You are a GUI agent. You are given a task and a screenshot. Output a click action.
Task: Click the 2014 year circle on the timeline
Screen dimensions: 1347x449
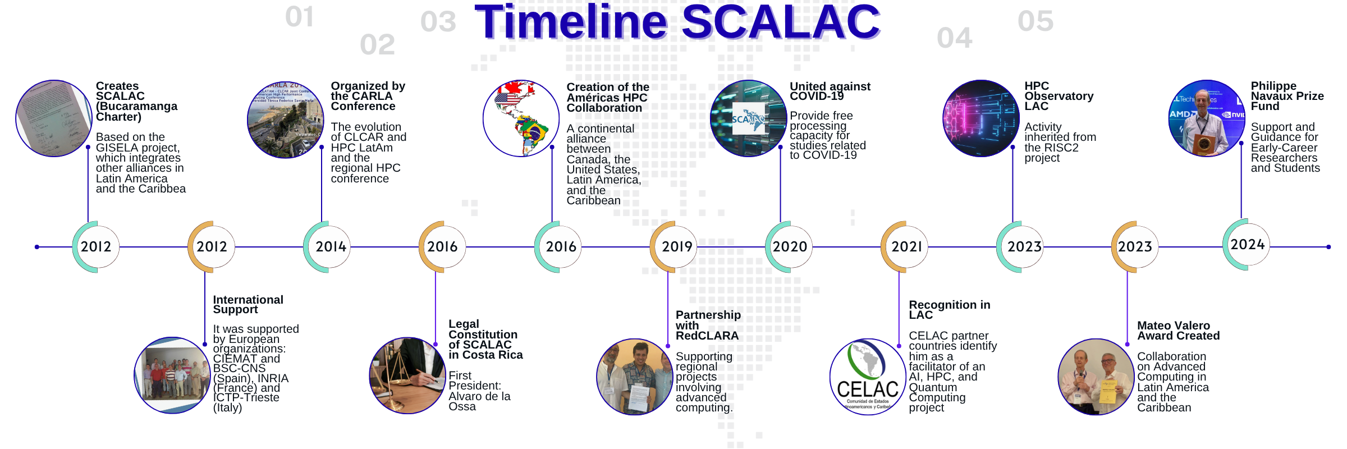tap(328, 247)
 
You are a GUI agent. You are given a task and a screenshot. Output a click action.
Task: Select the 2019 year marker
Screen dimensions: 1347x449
tap(674, 247)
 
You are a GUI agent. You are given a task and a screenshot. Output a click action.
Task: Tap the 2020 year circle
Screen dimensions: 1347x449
tap(790, 247)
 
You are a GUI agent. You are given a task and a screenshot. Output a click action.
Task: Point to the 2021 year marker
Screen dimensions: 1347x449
tap(905, 247)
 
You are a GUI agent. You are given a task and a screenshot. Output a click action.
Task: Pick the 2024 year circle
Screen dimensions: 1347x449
tap(1247, 245)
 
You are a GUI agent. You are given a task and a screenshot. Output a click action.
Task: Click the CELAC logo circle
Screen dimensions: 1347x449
tap(868, 377)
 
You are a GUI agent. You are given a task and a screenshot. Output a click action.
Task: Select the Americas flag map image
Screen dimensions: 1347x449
tap(521, 118)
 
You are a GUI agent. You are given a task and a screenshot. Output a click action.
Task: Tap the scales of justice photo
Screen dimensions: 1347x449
tap(407, 375)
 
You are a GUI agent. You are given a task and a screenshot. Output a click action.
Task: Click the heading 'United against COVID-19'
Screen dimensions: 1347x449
tap(830, 91)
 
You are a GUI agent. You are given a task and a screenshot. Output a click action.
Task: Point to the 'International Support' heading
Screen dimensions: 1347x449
tap(248, 305)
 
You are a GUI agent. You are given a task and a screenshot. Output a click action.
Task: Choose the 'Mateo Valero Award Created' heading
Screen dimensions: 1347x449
tap(1178, 331)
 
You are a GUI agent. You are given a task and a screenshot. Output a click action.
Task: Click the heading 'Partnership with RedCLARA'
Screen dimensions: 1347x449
tap(708, 325)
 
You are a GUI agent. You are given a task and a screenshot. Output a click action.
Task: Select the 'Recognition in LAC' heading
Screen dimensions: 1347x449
tap(950, 310)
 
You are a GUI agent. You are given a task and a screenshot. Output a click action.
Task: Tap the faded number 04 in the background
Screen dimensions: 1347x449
tap(954, 38)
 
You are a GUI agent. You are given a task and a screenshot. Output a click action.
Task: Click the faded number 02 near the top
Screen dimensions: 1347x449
tap(377, 44)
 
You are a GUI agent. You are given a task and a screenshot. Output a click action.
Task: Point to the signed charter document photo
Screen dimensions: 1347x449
tap(54, 118)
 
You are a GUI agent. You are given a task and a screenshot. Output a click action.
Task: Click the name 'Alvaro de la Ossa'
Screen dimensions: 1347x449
tap(479, 401)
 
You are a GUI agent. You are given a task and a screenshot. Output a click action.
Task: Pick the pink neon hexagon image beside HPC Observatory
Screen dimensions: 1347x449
tap(981, 118)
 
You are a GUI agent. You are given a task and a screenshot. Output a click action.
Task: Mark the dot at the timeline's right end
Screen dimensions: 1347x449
tap(1328, 247)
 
